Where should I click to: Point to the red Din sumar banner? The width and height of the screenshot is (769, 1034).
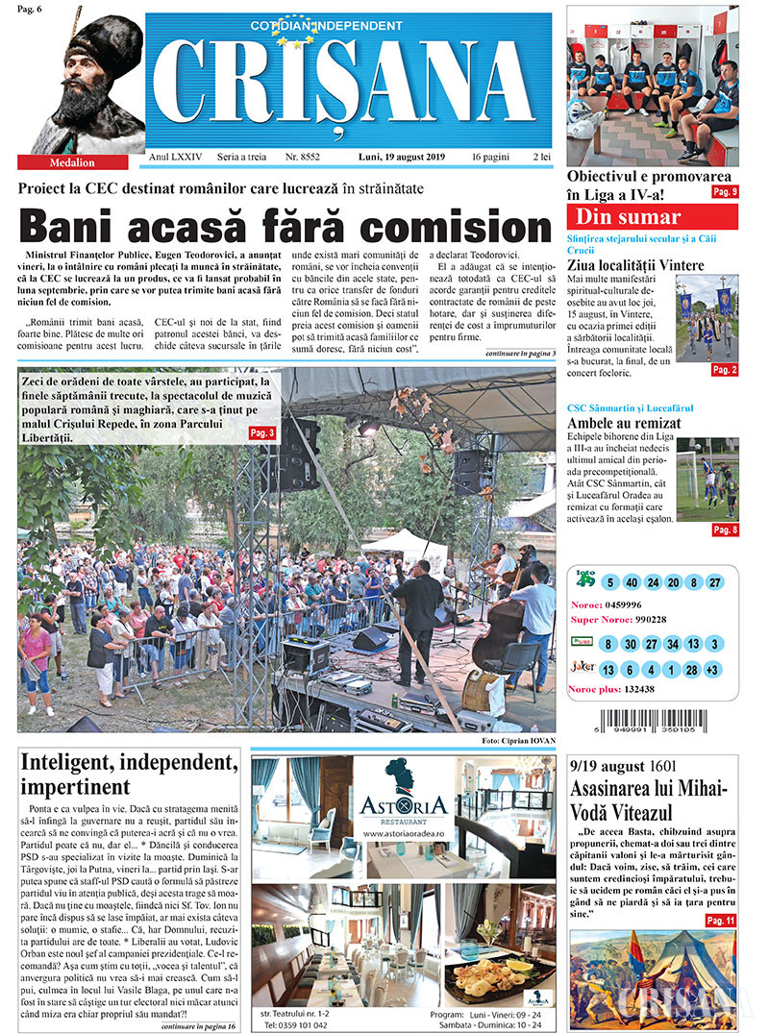(652, 216)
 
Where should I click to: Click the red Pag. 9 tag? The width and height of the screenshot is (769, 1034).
(724, 192)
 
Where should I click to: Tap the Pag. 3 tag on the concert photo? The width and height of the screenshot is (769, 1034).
(262, 433)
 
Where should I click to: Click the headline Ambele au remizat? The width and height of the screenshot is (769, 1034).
(624, 423)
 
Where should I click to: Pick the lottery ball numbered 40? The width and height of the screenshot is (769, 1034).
(631, 582)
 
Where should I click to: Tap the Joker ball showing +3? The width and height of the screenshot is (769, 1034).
(712, 670)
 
